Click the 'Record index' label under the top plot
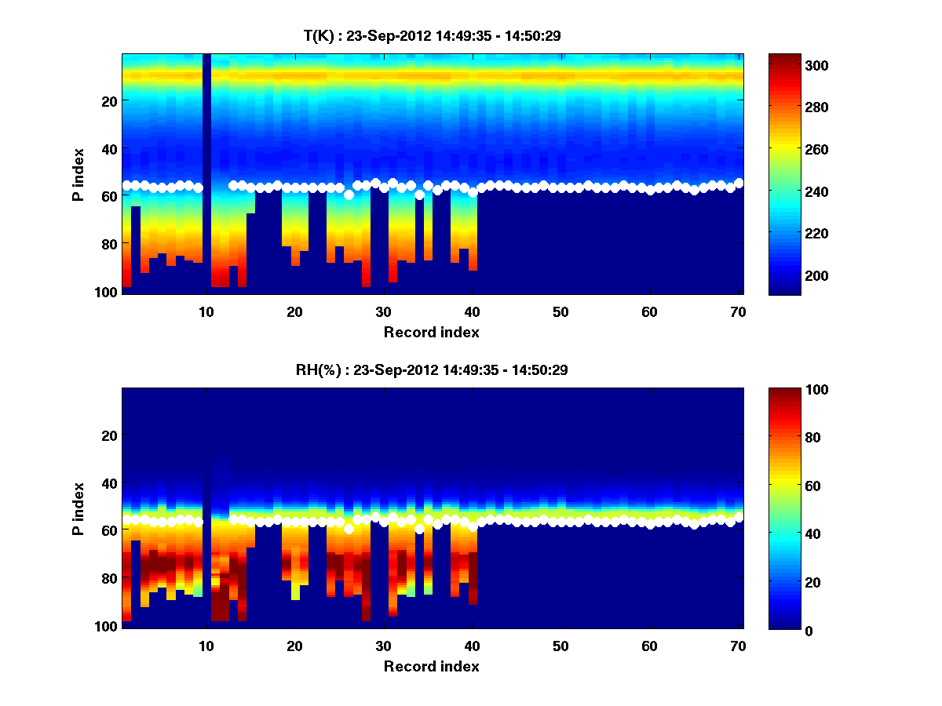coord(432,333)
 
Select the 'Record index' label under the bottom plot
coord(432,667)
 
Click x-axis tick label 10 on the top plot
coord(206,311)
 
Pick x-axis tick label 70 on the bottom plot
coord(739,646)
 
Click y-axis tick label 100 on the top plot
coord(108,293)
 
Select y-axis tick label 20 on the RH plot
coord(111,435)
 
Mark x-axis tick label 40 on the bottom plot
coord(473,646)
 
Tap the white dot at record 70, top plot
coord(739,183)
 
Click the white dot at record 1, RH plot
coord(126,519)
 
